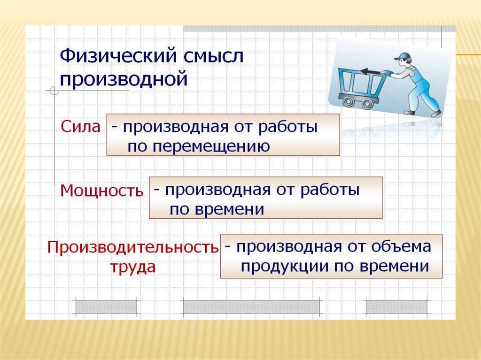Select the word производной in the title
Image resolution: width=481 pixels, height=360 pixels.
(x=124, y=78)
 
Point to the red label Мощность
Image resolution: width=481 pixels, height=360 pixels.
(x=101, y=191)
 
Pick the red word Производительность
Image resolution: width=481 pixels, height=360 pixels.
(x=132, y=247)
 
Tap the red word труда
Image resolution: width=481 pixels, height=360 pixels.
(x=133, y=267)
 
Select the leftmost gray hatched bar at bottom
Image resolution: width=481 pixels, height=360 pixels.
(x=106, y=306)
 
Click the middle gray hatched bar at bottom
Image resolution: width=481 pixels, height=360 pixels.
(x=251, y=306)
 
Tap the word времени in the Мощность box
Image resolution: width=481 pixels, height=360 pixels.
(x=217, y=209)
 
